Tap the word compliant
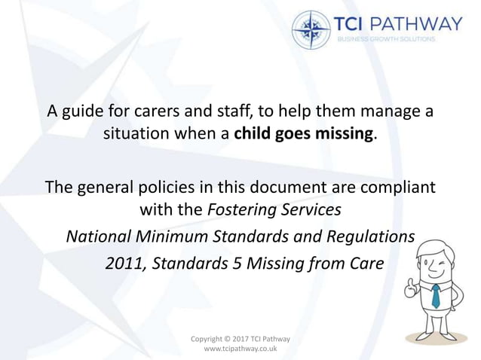397,185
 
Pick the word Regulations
369,236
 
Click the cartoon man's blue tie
435,295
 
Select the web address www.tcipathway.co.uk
240,350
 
